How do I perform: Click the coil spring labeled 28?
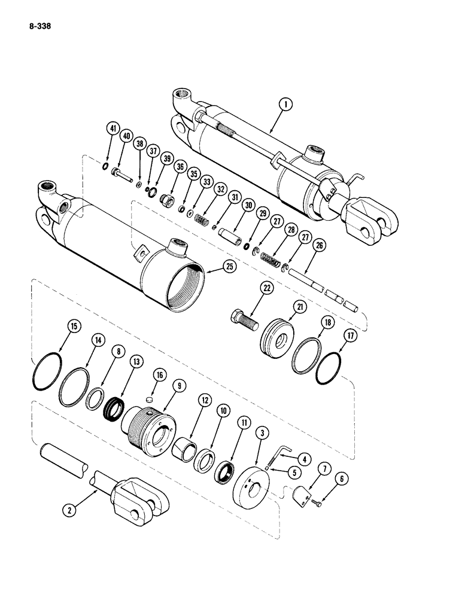point(273,246)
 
